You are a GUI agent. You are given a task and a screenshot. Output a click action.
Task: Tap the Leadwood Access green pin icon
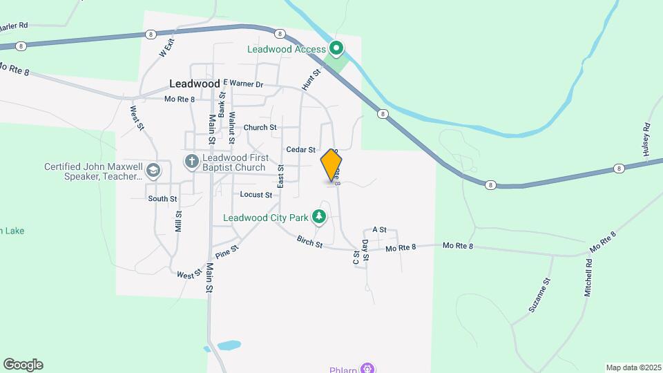click(x=336, y=48)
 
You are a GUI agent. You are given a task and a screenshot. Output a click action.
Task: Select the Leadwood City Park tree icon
click(x=319, y=218)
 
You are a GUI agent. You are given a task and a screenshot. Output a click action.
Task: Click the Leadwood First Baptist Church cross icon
click(x=191, y=162)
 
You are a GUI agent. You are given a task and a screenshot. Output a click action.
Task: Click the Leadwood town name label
click(x=194, y=84)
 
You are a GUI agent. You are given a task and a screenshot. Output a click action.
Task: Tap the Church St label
click(x=260, y=128)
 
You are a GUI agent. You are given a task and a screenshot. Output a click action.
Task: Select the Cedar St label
click(x=300, y=149)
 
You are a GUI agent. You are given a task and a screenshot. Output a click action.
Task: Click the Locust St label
click(x=256, y=195)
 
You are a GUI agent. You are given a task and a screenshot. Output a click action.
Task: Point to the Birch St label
click(x=309, y=241)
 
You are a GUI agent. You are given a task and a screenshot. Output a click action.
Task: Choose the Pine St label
click(x=227, y=252)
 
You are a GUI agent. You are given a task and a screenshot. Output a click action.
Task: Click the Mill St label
click(x=178, y=221)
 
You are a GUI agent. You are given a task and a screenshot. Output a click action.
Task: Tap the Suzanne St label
click(x=540, y=295)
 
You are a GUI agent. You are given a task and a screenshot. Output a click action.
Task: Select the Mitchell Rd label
click(x=588, y=278)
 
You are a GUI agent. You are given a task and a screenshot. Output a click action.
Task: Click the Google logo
click(x=23, y=365)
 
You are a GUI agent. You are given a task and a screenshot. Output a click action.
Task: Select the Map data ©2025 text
click(x=633, y=367)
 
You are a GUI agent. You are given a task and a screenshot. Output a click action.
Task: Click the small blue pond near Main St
click(x=229, y=344)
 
